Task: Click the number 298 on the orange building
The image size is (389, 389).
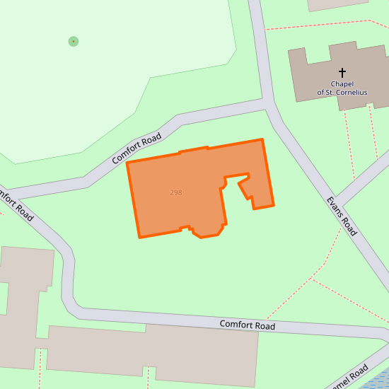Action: pyautogui.click(x=176, y=192)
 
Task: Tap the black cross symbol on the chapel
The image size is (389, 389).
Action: pyautogui.click(x=342, y=72)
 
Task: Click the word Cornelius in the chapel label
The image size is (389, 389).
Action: pyautogui.click(x=352, y=93)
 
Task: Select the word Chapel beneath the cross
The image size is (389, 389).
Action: pyautogui.click(x=342, y=83)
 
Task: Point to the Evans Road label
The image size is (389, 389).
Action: pyautogui.click(x=342, y=215)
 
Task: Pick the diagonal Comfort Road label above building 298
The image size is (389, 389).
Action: pyautogui.click(x=137, y=149)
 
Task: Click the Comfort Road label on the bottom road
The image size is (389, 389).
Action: pyautogui.click(x=247, y=325)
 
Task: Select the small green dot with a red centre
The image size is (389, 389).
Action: pyautogui.click(x=74, y=42)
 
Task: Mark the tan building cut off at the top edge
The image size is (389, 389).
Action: pyautogui.click(x=338, y=4)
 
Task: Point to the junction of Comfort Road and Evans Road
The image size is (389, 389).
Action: pyautogui.click(x=269, y=106)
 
